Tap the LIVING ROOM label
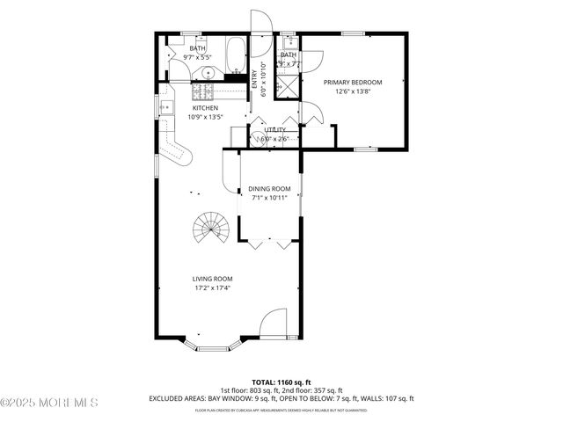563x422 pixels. (x=212, y=279)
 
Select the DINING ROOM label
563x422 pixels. (x=268, y=188)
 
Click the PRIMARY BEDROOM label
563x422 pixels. (x=353, y=83)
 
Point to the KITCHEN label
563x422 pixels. (x=194, y=108)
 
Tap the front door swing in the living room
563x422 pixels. (x=274, y=322)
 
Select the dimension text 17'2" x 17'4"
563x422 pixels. (x=212, y=287)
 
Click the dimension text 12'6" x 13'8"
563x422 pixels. (x=353, y=91)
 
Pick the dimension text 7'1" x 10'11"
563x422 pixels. (x=268, y=197)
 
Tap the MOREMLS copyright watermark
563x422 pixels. (x=49, y=403)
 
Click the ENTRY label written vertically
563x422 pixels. (x=253, y=78)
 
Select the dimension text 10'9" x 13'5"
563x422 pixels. (x=194, y=116)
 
